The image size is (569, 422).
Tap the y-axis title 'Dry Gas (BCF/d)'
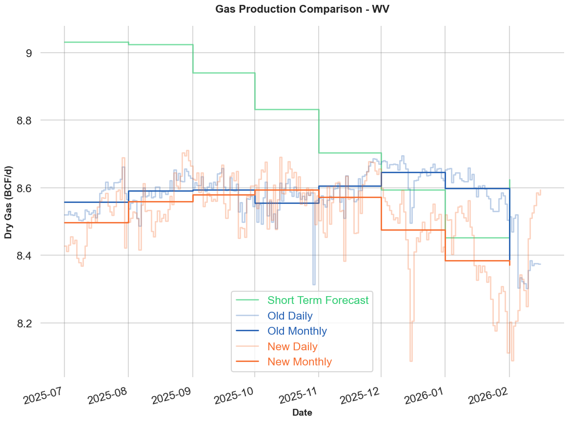[x=9, y=202]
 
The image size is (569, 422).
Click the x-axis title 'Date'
[x=302, y=413]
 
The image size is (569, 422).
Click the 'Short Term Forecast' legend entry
[x=318, y=300]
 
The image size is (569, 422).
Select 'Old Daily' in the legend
[x=290, y=316]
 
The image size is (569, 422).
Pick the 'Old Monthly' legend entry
[x=297, y=331]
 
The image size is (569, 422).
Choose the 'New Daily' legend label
[x=292, y=347]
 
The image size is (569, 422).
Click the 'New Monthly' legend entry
[x=300, y=362]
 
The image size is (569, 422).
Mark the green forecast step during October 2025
[x=286, y=109]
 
